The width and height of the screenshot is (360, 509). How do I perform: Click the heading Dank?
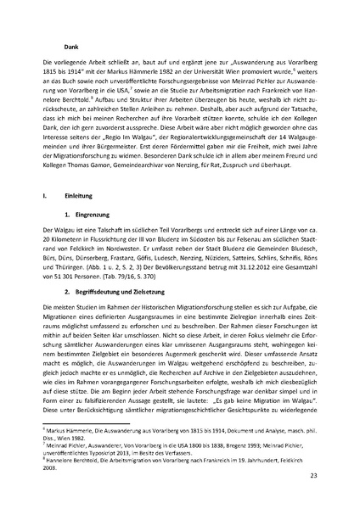(59, 48)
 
